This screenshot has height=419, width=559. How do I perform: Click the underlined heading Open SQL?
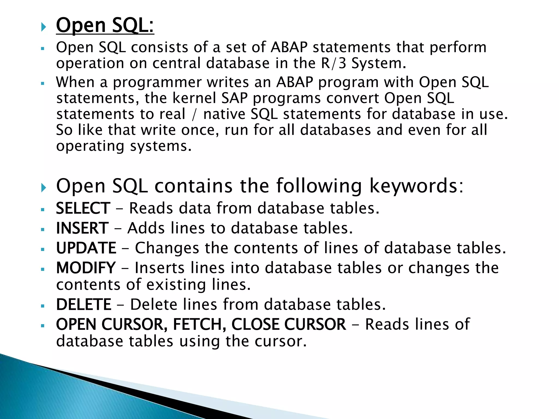[105, 25]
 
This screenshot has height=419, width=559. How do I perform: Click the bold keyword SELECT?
[83, 208]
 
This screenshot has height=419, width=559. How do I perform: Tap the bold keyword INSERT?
[82, 228]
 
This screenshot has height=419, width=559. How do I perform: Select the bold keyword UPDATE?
[86, 248]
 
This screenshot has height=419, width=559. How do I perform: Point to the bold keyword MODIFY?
[86, 268]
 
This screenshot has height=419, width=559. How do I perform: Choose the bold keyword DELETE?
[84, 305]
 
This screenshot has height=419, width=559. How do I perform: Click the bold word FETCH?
[199, 325]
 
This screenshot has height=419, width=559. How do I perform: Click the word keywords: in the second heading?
[416, 186]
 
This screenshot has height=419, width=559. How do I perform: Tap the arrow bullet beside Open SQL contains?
[43, 187]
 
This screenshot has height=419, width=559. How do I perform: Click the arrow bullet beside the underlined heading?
[43, 27]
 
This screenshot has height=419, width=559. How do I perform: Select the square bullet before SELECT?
[42, 210]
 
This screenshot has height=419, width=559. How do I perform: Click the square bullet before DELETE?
[42, 306]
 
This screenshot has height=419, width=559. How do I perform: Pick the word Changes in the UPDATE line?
[167, 248]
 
